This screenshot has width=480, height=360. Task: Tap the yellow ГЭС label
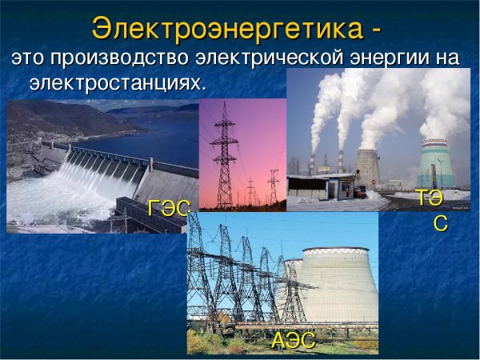point(169,209)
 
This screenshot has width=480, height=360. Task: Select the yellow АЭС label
point(293,340)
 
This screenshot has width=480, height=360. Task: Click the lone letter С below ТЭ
point(440,224)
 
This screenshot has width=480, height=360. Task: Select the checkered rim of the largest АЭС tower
point(336,252)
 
